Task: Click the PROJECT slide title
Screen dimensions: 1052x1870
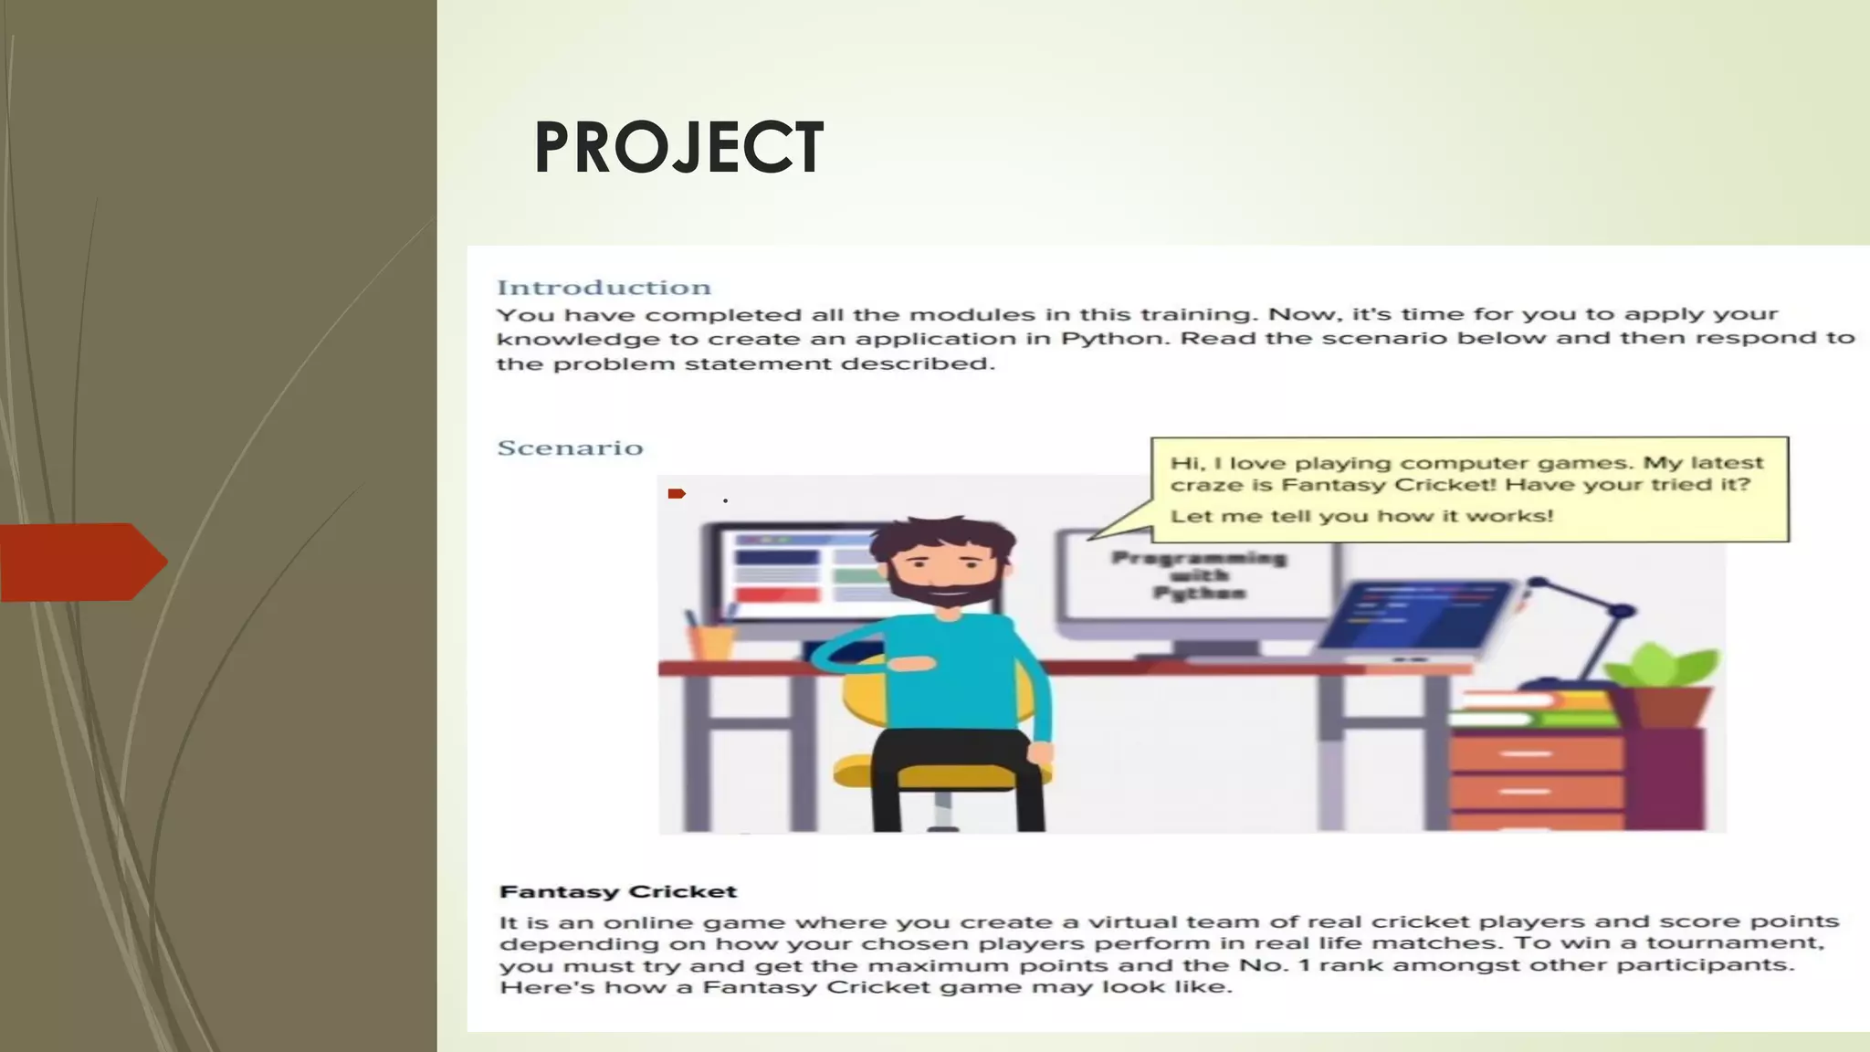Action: (x=678, y=147)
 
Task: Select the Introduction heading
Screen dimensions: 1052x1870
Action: (x=604, y=288)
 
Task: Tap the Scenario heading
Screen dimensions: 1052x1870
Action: (x=570, y=448)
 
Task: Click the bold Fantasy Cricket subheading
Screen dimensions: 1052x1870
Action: (x=618, y=891)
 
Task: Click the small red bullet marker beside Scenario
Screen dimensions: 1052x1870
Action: (x=677, y=494)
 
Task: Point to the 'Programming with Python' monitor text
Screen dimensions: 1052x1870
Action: (x=1199, y=575)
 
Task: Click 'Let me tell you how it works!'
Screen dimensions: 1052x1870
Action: (x=1361, y=516)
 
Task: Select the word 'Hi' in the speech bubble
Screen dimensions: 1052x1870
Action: (x=1183, y=463)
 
